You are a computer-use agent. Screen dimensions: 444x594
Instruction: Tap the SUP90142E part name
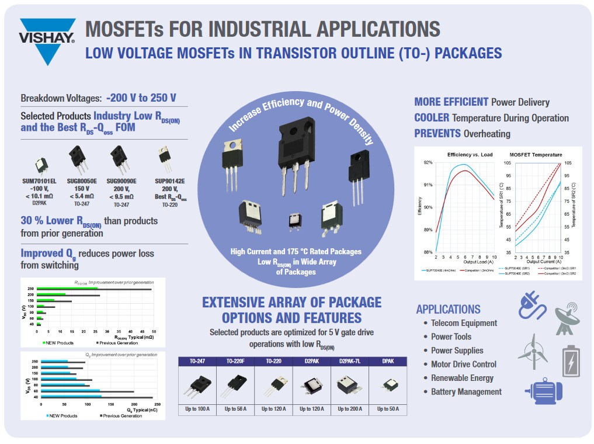point(170,181)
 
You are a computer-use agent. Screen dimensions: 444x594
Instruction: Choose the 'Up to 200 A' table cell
point(349,409)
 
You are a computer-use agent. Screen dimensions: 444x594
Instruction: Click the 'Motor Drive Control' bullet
point(463,364)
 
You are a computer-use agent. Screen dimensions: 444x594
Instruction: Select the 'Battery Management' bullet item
point(466,391)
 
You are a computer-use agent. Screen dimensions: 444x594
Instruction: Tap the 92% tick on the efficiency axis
point(428,162)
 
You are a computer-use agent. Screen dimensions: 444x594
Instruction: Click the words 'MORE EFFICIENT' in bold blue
point(451,102)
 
